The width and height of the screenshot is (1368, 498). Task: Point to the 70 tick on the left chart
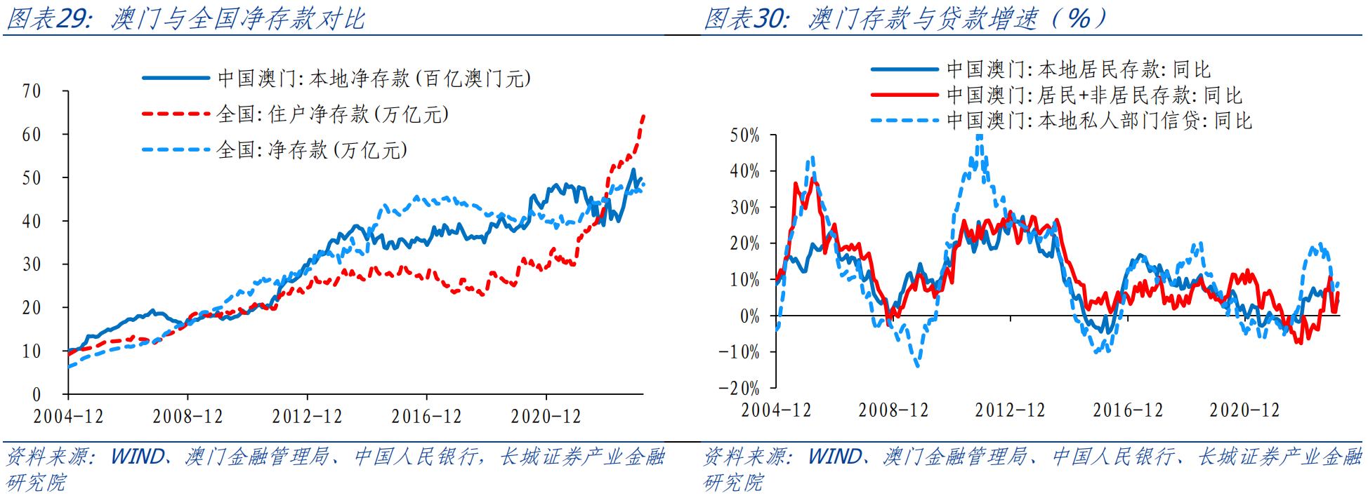[x=32, y=91]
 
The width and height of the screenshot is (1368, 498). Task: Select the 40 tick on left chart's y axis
[x=32, y=222]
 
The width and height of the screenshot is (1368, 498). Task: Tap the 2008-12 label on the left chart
[x=188, y=417]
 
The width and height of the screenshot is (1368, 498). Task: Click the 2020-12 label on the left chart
[x=546, y=417]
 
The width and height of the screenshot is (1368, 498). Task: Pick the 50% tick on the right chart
[x=744, y=135]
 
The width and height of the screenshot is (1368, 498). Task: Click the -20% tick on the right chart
[x=739, y=388]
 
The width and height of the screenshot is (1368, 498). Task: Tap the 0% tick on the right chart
[x=749, y=316]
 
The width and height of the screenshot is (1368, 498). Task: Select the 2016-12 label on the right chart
[x=1127, y=410]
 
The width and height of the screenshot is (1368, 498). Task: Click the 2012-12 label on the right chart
[x=1010, y=410]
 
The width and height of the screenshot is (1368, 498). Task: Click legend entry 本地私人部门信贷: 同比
[x=1099, y=121]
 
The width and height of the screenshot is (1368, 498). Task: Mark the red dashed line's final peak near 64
[x=643, y=116]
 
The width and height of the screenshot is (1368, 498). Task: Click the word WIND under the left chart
[x=138, y=457]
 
